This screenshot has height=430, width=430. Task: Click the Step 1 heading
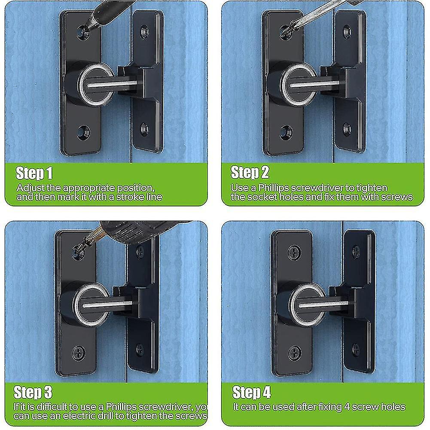click(x=34, y=173)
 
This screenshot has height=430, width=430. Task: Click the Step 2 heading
click(x=250, y=172)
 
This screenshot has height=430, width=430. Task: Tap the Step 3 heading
click(x=33, y=393)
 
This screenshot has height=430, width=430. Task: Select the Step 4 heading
click(x=252, y=393)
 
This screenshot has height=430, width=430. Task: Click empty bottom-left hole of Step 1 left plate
click(x=82, y=133)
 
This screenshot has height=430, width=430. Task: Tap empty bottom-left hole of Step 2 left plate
click(x=285, y=132)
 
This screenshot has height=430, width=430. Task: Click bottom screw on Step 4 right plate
click(x=356, y=348)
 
